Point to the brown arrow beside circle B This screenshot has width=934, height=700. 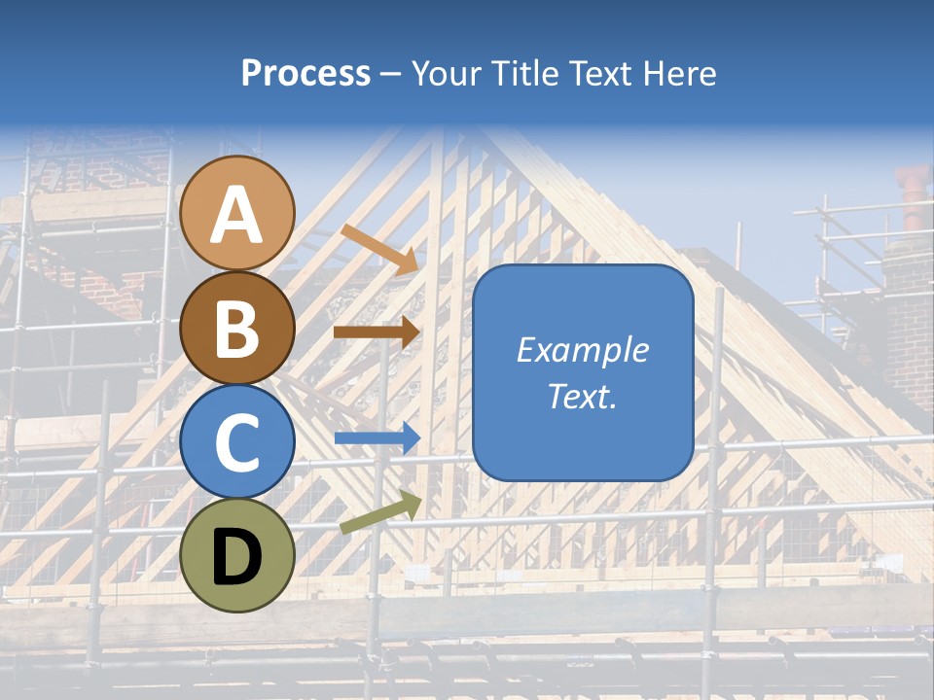(377, 332)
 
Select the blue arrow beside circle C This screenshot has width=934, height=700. (377, 438)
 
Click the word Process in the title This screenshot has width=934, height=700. (305, 74)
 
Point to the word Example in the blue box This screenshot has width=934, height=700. (582, 350)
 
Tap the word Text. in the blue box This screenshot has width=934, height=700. (582, 396)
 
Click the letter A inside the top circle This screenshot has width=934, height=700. (237, 216)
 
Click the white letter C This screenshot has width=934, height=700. (237, 443)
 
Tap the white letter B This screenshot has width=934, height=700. (237, 329)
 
